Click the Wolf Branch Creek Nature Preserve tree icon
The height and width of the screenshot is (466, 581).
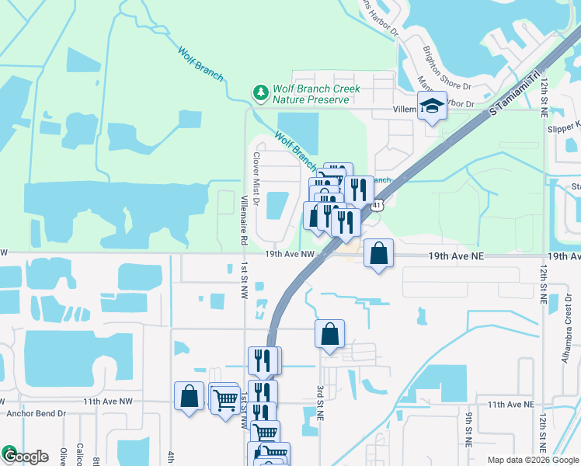point(260,93)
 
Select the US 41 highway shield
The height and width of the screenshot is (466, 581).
point(376,205)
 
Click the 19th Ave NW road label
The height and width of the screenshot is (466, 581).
point(289,254)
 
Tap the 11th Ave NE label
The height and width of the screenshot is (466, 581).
point(510,405)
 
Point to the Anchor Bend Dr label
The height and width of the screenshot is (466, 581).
point(37,413)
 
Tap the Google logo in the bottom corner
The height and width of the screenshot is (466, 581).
point(25,456)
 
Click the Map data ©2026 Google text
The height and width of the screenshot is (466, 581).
point(532,460)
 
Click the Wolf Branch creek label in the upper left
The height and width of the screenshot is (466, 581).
point(200,65)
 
